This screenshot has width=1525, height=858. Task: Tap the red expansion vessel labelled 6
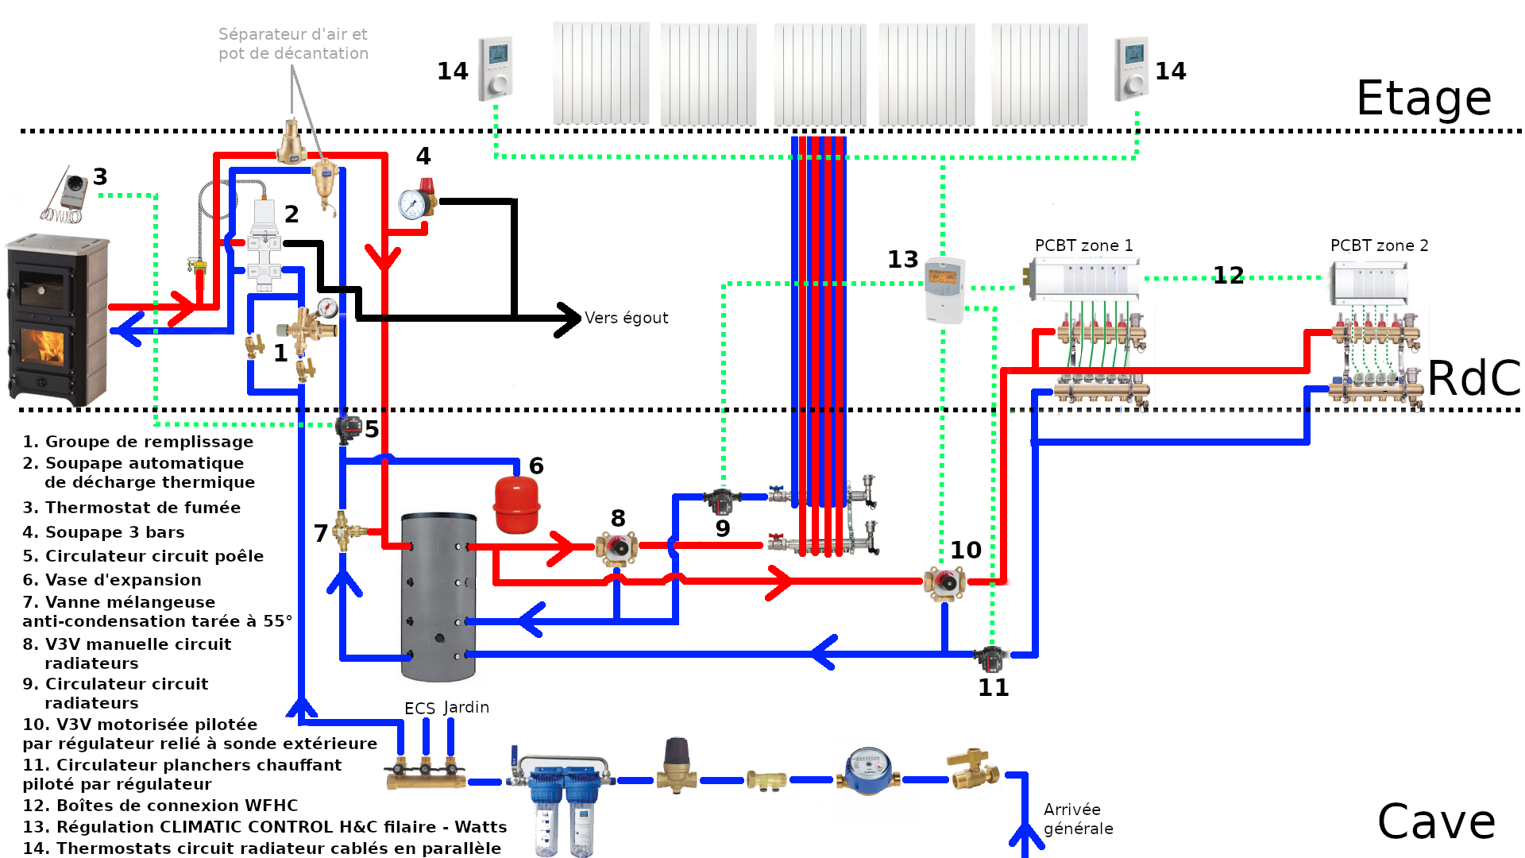click(x=517, y=504)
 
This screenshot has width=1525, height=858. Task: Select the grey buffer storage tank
click(x=438, y=596)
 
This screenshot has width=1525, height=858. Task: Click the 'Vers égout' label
click(x=627, y=318)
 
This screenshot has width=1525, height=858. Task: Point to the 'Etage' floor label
click(x=1423, y=99)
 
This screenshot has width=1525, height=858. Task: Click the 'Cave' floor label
click(x=1436, y=821)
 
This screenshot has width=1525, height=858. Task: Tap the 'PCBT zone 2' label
click(x=1379, y=245)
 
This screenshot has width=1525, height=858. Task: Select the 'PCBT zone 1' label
click(x=1083, y=245)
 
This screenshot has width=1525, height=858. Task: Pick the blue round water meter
click(x=868, y=771)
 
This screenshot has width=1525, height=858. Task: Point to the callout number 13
click(x=902, y=260)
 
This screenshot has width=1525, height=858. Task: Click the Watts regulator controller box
click(x=945, y=289)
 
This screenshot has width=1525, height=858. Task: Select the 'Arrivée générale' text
click(x=1078, y=819)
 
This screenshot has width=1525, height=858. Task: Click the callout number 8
click(x=618, y=519)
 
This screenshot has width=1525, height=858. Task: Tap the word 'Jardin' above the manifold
click(x=466, y=707)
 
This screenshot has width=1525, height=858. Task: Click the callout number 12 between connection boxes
click(x=1228, y=276)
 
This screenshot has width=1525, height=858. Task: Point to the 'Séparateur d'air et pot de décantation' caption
click(x=293, y=44)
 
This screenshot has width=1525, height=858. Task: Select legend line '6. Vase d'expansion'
click(x=112, y=580)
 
